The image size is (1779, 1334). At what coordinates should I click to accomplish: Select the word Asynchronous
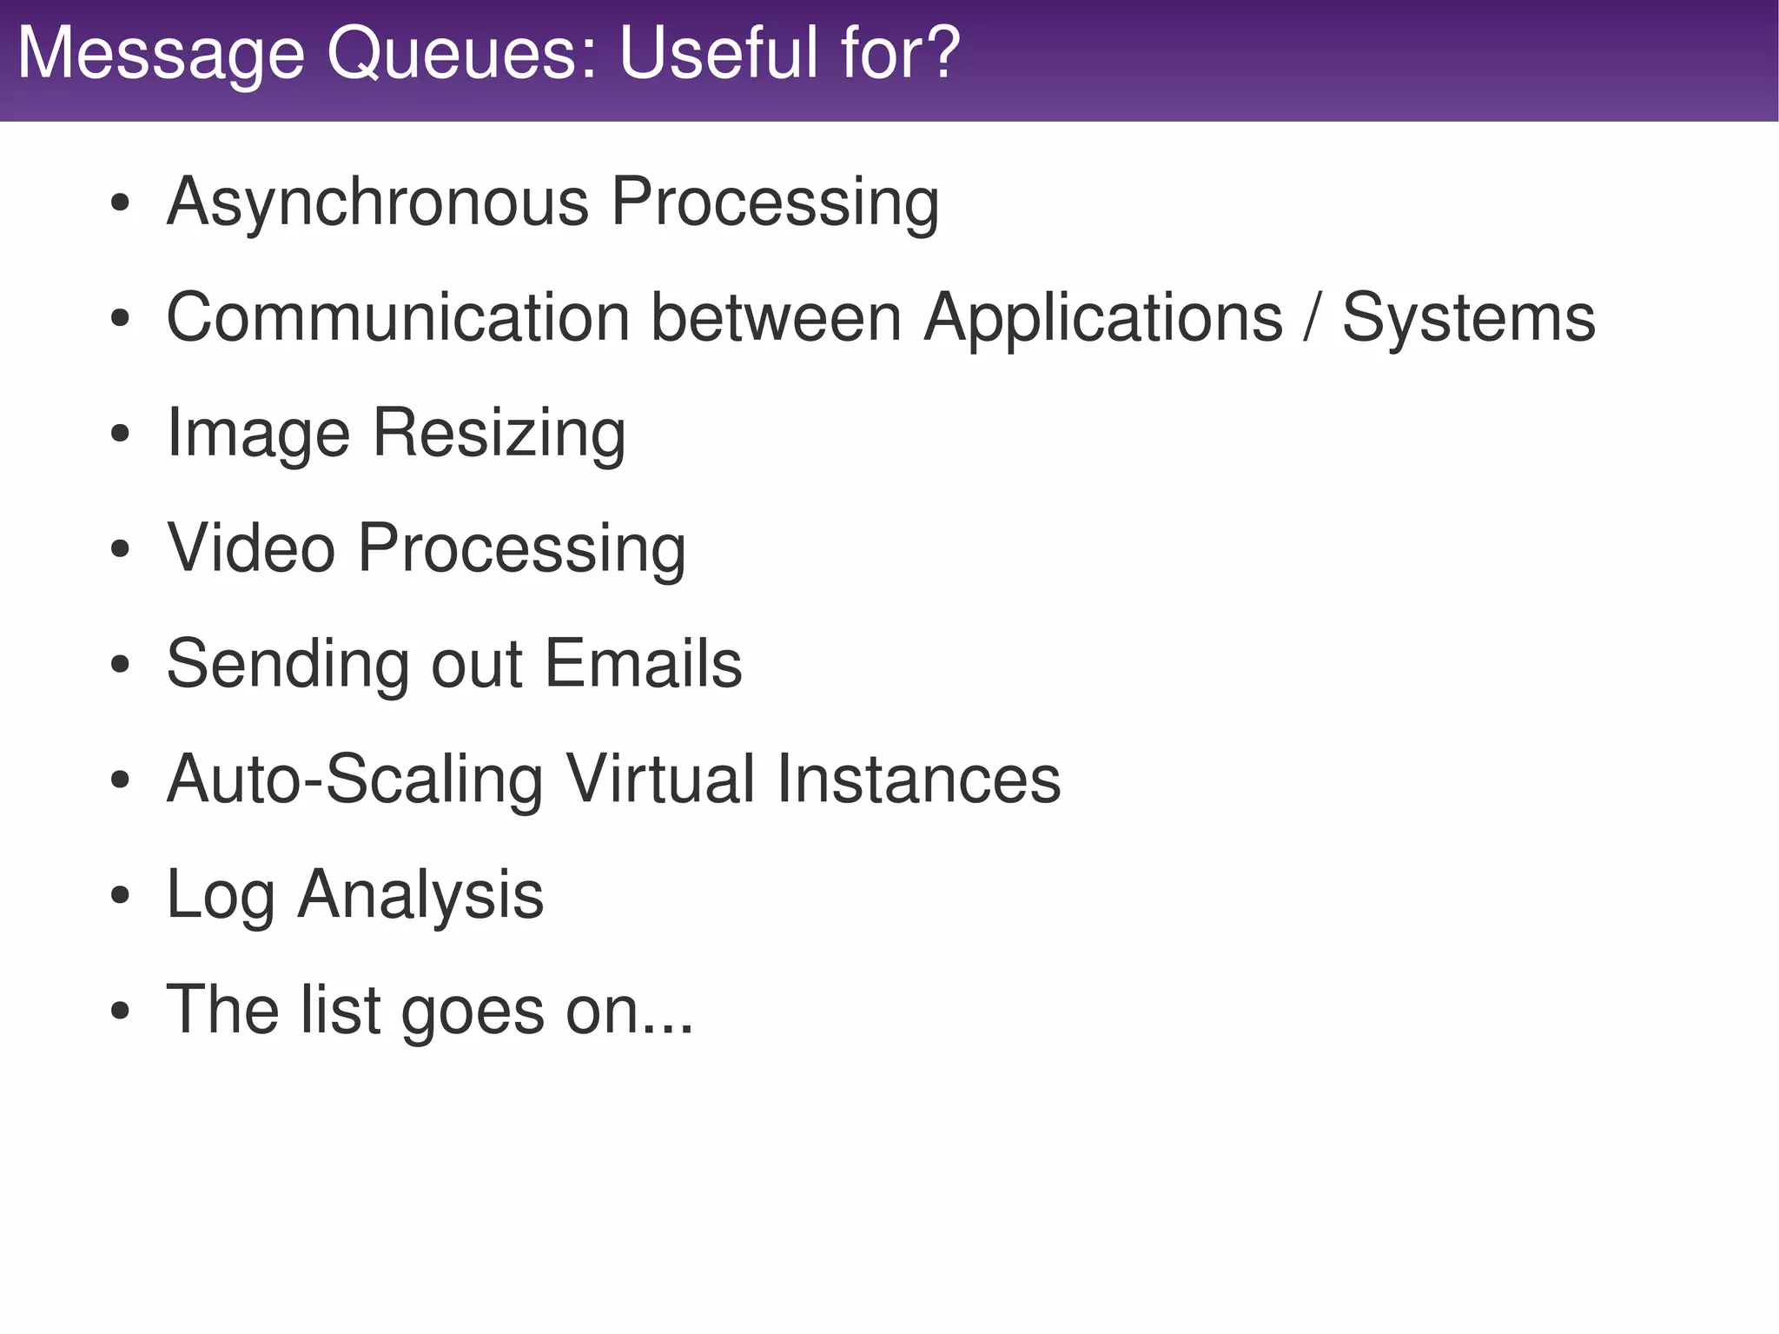click(x=377, y=202)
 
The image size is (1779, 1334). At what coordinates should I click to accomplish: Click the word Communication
click(x=398, y=317)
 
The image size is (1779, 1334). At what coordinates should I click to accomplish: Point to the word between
click(x=776, y=317)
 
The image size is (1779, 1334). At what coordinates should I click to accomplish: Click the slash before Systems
click(x=1312, y=318)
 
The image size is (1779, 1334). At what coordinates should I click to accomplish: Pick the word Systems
click(x=1468, y=319)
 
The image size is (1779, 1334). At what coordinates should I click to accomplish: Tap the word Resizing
click(x=499, y=433)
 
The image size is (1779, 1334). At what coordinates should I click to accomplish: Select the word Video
click(x=251, y=548)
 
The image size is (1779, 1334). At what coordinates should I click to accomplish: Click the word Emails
click(x=643, y=663)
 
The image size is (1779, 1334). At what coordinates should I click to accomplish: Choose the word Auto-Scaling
click(x=354, y=780)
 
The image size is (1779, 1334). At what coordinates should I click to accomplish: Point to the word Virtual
click(x=660, y=779)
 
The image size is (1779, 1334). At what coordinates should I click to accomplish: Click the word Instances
click(x=918, y=779)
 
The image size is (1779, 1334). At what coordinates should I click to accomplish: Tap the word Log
click(x=220, y=895)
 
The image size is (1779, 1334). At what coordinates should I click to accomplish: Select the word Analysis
click(x=420, y=895)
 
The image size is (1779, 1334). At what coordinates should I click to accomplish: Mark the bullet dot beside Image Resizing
click(x=120, y=434)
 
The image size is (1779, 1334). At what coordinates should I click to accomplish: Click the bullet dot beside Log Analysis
click(x=120, y=895)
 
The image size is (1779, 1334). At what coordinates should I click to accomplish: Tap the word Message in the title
click(x=161, y=54)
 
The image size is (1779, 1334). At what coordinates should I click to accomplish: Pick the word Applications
click(x=1102, y=319)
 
